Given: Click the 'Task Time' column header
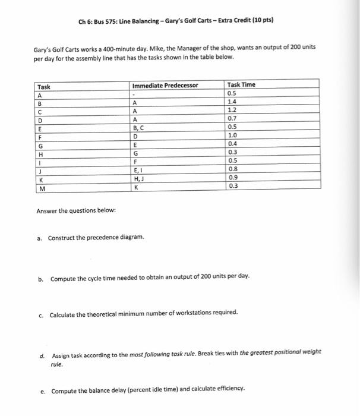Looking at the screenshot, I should (x=241, y=84).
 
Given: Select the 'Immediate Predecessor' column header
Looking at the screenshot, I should (x=165, y=84).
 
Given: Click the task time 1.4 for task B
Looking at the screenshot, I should (x=232, y=102).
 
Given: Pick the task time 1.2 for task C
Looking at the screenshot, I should (x=232, y=110).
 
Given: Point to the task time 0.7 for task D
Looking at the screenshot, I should (x=232, y=118).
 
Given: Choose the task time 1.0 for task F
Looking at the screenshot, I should (x=232, y=135).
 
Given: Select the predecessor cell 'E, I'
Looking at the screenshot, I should (x=140, y=169).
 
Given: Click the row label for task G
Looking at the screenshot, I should (x=40, y=144).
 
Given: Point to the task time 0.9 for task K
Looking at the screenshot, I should (x=232, y=177).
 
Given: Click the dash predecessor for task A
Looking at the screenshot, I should (x=136, y=94).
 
